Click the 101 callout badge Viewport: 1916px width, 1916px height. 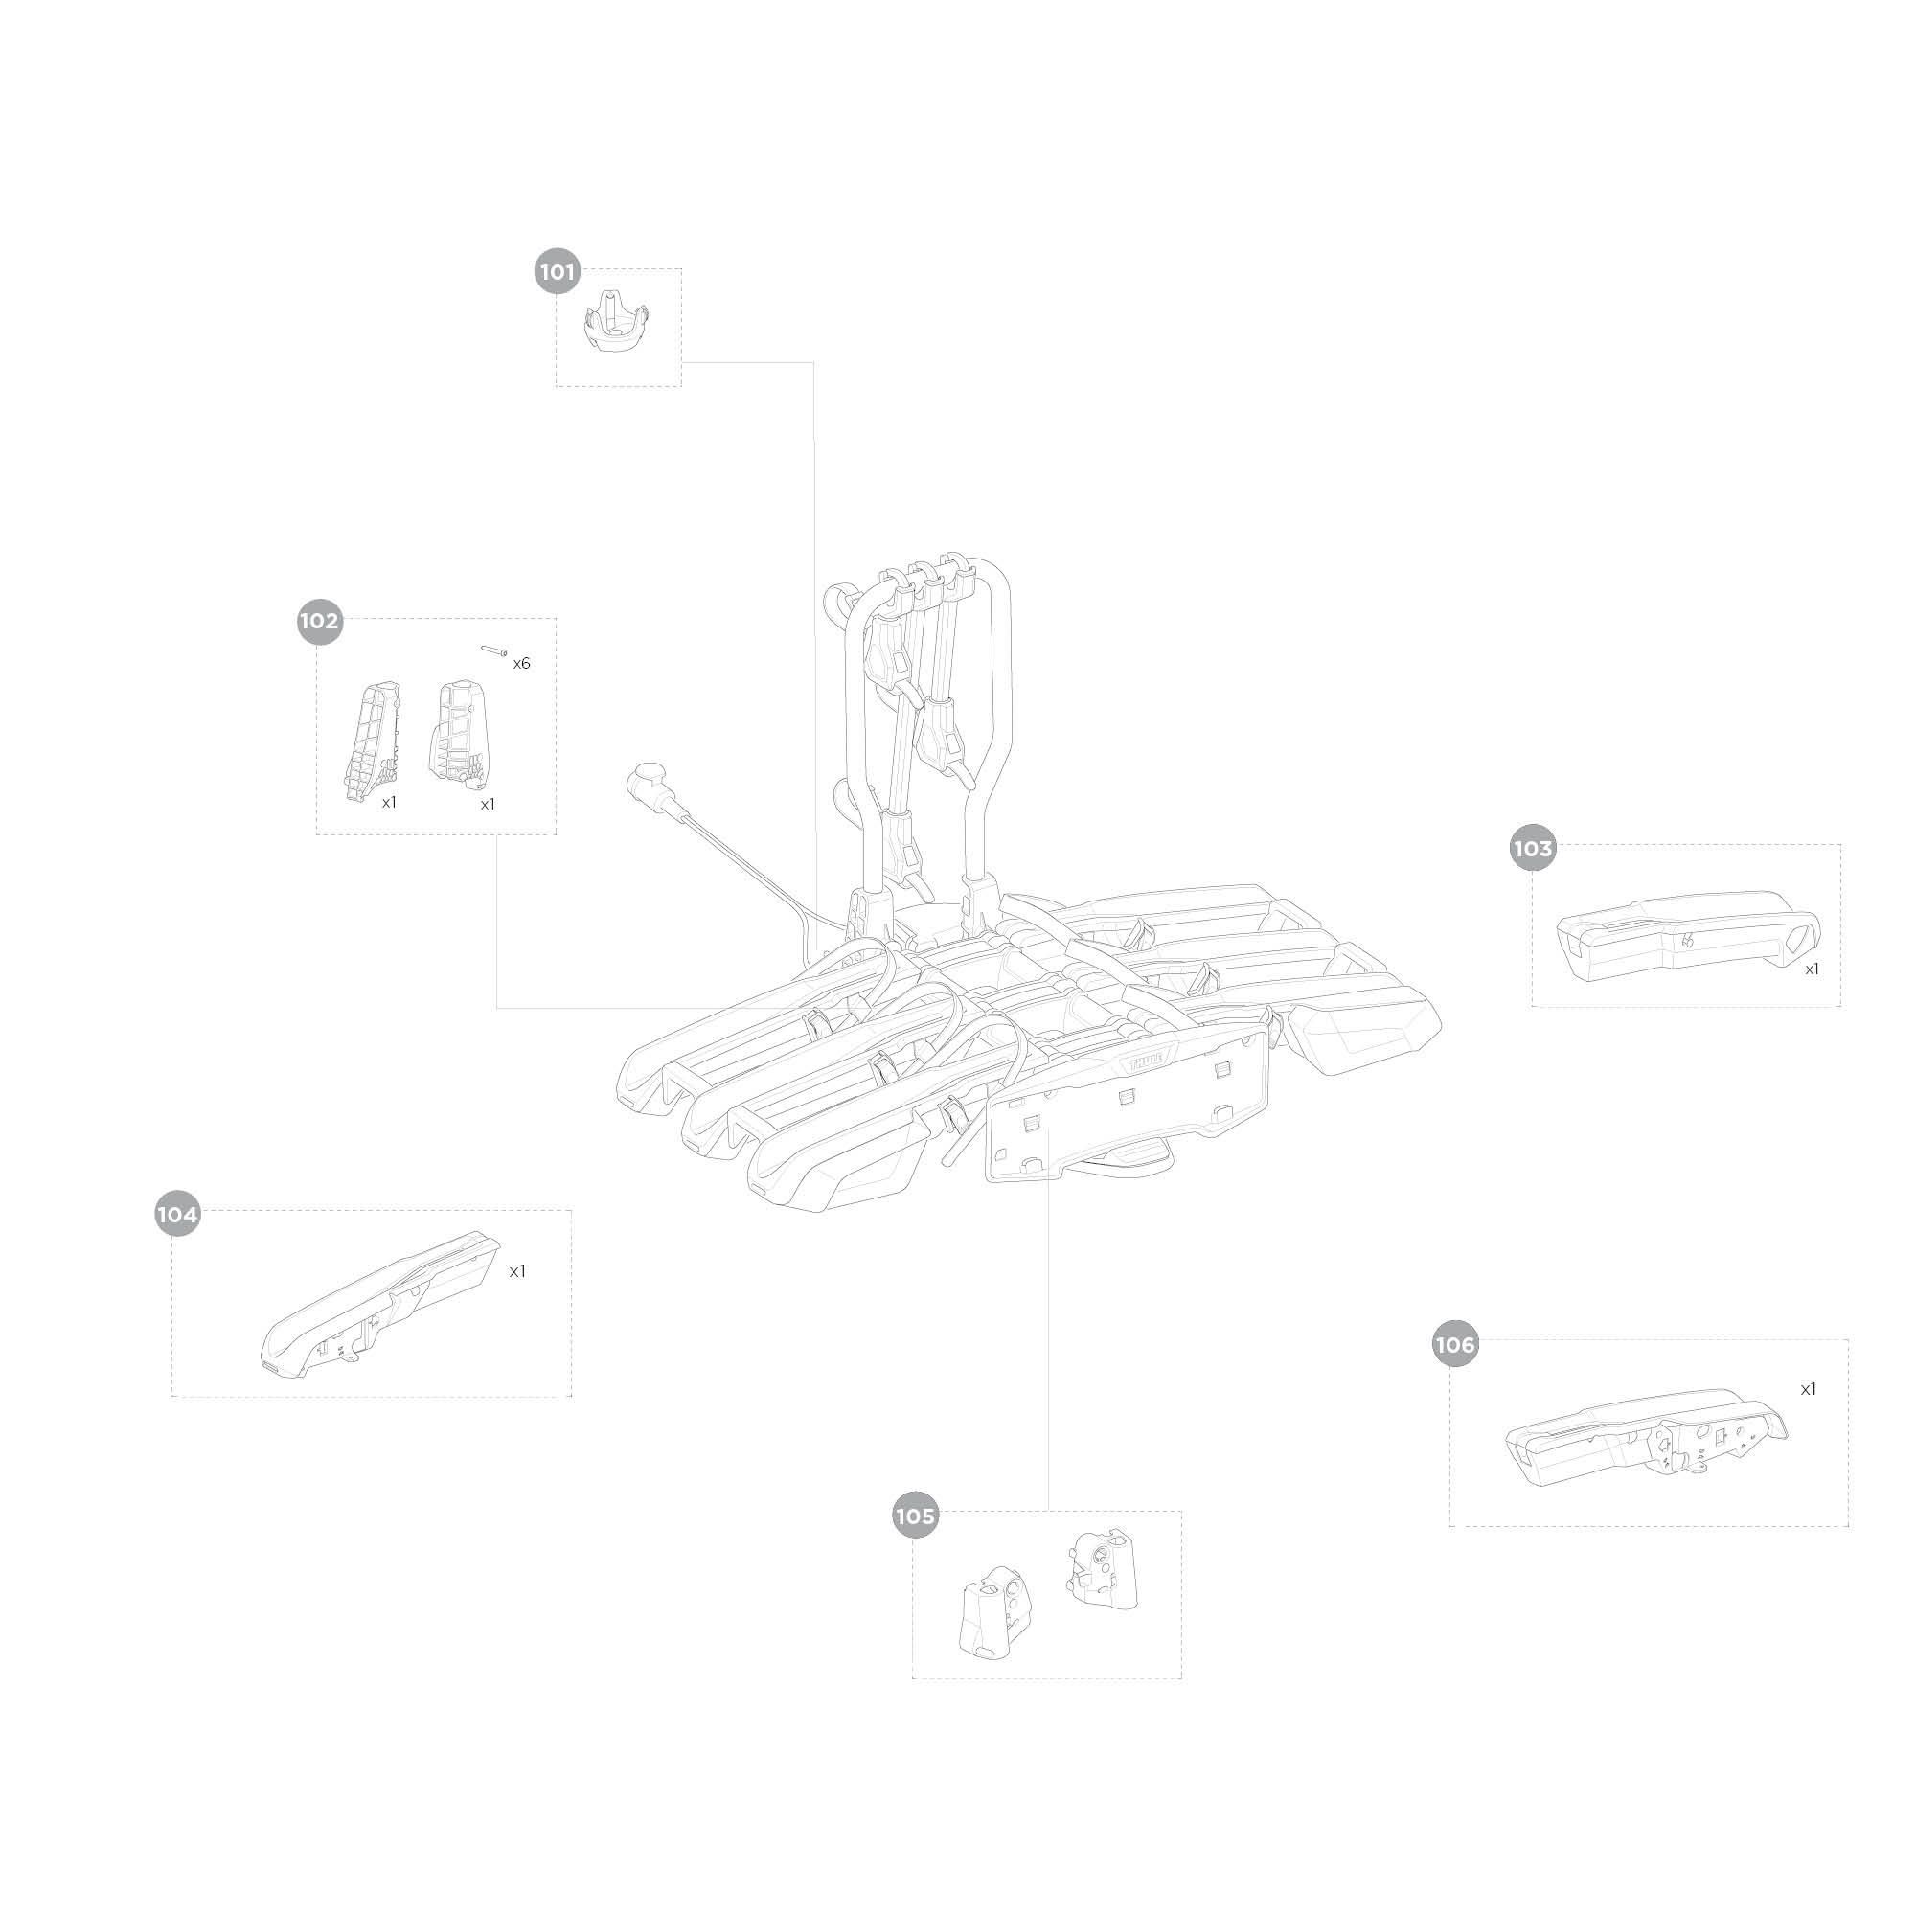[x=558, y=271]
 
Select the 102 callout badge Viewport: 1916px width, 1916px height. [x=319, y=621]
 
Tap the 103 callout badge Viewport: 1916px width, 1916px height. [x=1532, y=848]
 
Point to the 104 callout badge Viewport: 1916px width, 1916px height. [x=177, y=1215]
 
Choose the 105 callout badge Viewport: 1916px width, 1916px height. [x=914, y=1517]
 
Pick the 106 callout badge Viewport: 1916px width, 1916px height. [x=1455, y=1345]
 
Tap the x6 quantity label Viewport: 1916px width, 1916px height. [x=522, y=664]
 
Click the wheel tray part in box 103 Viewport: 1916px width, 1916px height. [x=1687, y=934]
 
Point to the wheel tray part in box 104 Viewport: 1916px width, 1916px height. [x=379, y=1307]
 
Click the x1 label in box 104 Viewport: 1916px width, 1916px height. [x=516, y=1271]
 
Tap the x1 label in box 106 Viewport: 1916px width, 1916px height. [x=1808, y=1389]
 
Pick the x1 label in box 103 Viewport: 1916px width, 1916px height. [x=1811, y=969]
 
